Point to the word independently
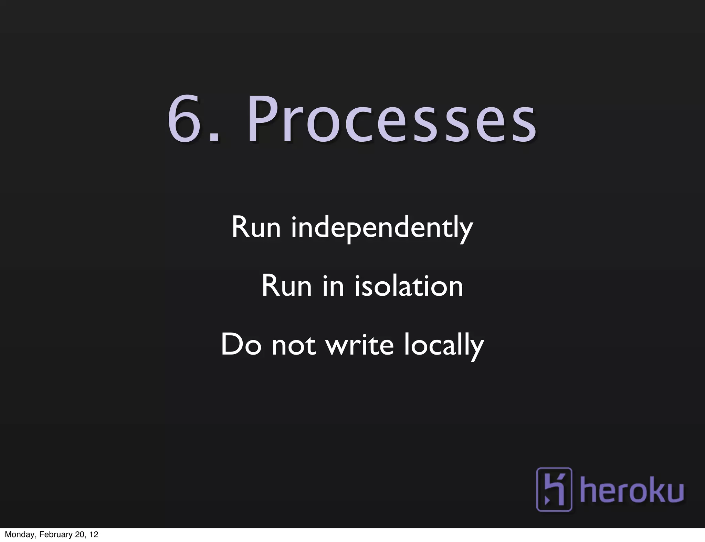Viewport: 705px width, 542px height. pos(382,228)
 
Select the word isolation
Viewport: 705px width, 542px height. pos(409,286)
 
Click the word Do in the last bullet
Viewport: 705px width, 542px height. pos(241,345)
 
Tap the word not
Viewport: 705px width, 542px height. pos(294,345)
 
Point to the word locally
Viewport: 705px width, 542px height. pos(444,346)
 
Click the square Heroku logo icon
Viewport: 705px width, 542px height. pos(554,489)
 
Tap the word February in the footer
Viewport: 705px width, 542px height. pos(56,535)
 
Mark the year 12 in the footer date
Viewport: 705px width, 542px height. pos(94,535)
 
